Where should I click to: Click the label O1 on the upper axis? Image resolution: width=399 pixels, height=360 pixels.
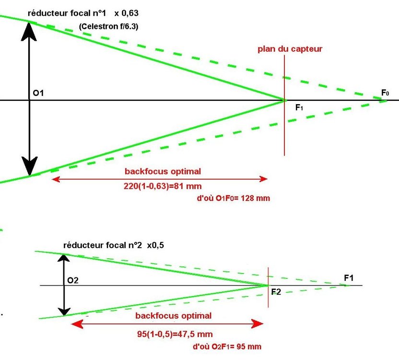[38, 93]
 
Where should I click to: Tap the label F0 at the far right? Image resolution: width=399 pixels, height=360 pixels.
[385, 93]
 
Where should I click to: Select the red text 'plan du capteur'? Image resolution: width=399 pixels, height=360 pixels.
[290, 49]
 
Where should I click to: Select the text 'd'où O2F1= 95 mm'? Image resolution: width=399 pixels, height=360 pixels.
[227, 347]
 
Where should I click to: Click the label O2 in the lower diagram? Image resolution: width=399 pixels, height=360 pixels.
[73, 280]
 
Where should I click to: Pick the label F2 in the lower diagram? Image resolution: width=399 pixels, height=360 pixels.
[276, 292]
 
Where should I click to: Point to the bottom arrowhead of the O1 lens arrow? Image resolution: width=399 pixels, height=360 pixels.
[30, 168]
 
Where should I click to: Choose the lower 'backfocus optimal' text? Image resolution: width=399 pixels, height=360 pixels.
[173, 316]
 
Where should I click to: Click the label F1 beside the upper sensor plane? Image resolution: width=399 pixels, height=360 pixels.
[299, 108]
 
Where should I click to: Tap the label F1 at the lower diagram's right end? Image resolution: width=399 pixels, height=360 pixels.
[349, 277]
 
